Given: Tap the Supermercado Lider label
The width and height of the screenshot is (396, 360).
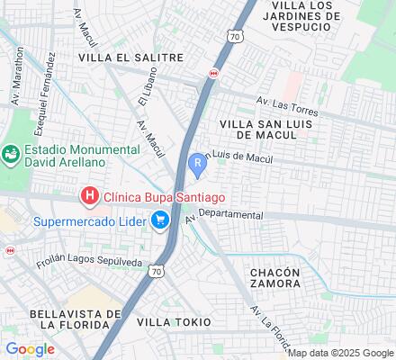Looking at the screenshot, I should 90,221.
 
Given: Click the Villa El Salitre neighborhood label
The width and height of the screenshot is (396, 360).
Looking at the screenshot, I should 130,57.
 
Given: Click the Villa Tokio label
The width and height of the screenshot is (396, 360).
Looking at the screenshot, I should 174,321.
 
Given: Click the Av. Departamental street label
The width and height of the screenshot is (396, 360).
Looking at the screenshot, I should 224,216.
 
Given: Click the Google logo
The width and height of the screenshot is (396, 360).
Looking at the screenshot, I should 30,348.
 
